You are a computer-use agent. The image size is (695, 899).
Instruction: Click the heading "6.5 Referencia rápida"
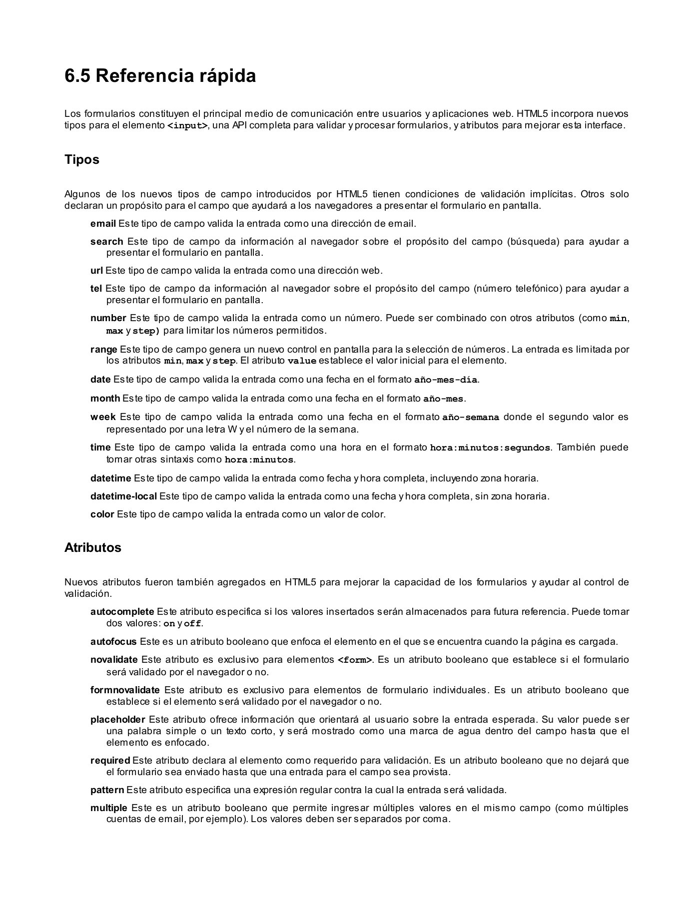pos(160,76)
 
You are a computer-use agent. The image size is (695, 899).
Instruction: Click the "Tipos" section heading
pos(82,160)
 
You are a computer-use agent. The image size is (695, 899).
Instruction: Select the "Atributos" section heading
pos(93,547)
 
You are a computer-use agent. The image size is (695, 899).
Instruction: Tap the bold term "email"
pos(103,223)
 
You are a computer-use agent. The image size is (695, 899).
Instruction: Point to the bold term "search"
pos(106,242)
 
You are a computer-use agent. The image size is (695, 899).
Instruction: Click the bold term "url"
pos(96,271)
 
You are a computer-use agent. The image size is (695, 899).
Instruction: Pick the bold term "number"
pos(108,318)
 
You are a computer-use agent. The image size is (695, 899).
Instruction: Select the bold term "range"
pos(103,349)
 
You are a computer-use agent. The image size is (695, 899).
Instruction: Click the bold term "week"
pos(103,417)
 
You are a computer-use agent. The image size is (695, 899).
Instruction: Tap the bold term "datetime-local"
pos(123,496)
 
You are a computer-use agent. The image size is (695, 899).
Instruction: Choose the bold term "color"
pos(102,514)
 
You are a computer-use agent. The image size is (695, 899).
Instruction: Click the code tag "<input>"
pos(187,126)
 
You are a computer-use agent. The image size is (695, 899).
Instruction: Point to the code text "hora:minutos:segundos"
pos(490,448)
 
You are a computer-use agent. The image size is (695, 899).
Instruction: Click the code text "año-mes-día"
pos(446,380)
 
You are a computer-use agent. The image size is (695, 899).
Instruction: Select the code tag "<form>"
pos(355,660)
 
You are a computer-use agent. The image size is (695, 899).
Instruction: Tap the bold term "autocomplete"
pos(122,612)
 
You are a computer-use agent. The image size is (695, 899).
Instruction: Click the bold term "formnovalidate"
pos(125,690)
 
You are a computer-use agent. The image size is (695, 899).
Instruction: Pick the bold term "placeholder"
pos(117,720)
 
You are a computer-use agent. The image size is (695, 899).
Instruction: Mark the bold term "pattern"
pos(107,790)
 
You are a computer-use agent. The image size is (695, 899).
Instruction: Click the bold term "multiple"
pos(108,808)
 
